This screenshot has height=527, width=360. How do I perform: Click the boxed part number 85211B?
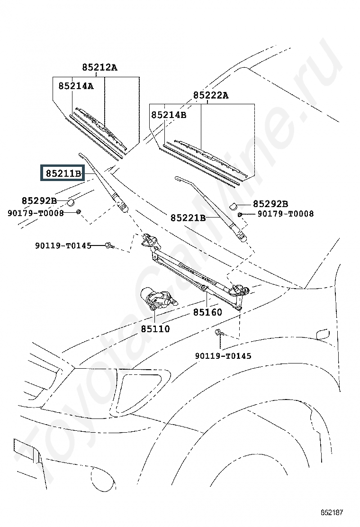tap(63, 173)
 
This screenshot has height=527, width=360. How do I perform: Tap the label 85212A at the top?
tap(100, 68)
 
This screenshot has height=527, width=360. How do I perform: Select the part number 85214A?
tap(76, 86)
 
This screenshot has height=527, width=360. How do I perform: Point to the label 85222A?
tap(211, 95)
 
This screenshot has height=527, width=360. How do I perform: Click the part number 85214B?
tap(169, 115)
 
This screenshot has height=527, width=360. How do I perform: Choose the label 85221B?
tap(188, 218)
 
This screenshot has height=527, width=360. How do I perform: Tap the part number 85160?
tap(207, 312)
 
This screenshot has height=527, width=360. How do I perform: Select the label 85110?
tap(155, 329)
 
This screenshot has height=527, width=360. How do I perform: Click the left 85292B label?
tap(39, 200)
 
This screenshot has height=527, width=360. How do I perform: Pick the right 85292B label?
tap(270, 204)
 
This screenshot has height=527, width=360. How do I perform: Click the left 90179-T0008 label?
tap(36, 213)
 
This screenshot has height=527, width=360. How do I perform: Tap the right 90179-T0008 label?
tap(286, 214)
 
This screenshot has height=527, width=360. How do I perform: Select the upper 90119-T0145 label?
tap(63, 245)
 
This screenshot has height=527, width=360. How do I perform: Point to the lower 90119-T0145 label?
tap(223, 355)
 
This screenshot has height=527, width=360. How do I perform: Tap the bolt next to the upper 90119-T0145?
tap(110, 245)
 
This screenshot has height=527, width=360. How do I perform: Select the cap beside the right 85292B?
tap(234, 205)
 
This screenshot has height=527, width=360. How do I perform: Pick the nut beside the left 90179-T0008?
tap(78, 212)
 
